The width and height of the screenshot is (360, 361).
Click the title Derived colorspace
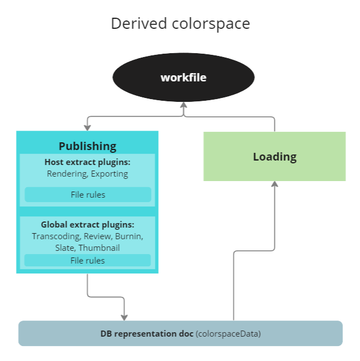click(180, 24)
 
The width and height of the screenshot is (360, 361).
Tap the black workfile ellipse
click(183, 78)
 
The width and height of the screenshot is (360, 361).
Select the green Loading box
click(274, 157)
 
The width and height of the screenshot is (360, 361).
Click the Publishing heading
click(87, 146)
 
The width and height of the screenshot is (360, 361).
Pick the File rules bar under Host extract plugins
click(88, 195)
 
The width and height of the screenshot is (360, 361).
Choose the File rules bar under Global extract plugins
click(87, 260)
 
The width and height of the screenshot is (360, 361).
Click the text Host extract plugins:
click(87, 162)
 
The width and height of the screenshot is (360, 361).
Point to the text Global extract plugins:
click(87, 225)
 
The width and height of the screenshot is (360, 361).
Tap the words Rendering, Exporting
click(87, 174)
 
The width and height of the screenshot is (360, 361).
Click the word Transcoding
click(54, 236)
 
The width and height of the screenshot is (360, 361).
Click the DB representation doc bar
click(180, 333)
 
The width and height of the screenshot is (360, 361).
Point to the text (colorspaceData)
click(228, 334)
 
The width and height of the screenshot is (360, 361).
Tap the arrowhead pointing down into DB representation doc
click(124, 317)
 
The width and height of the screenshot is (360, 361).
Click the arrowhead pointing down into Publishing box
click(87, 127)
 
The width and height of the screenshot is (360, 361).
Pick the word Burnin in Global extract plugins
click(129, 236)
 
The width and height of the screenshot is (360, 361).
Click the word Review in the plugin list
click(97, 236)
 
